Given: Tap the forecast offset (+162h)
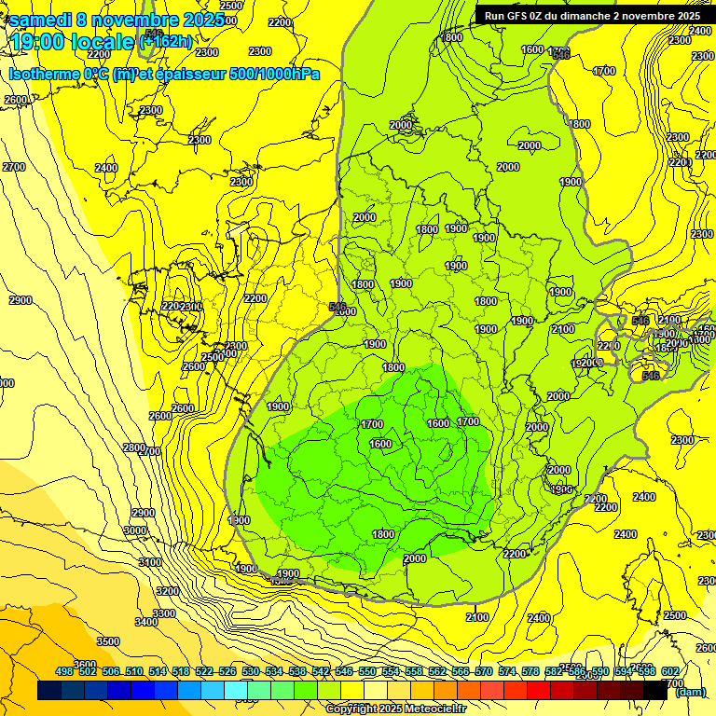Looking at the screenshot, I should tap(166, 41).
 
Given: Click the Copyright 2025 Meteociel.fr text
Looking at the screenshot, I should tap(395, 709).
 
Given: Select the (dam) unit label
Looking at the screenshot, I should tap(690, 691).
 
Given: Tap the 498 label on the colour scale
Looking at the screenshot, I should tap(64, 671).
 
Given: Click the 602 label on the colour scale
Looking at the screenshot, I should tap(669, 671).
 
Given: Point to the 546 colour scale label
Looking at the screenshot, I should tap(344, 671).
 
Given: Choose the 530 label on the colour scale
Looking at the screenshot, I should tap(251, 671).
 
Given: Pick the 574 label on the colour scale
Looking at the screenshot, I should tap(507, 671).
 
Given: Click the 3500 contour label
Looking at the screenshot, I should tap(108, 641).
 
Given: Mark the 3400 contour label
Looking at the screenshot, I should tap(146, 622).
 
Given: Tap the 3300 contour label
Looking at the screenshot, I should tap(164, 613).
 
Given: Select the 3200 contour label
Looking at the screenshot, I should tap(167, 591).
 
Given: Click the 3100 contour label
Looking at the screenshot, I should tap(149, 562).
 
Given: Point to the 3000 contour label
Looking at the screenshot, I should tap(135, 530).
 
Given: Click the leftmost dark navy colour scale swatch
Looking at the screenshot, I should tap(49, 691).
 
